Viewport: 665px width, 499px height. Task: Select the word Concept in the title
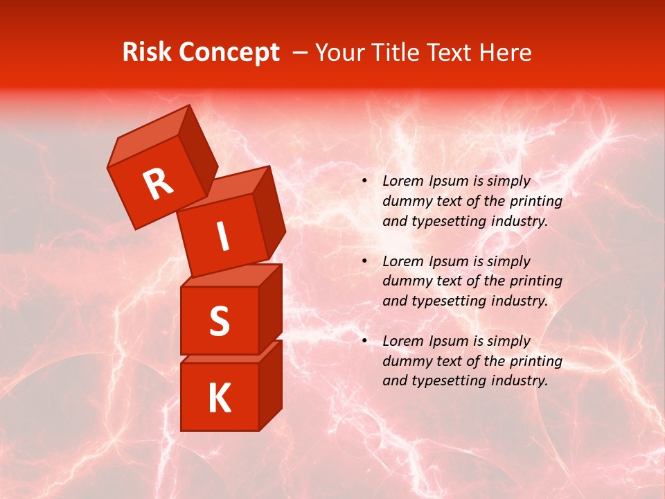(229, 53)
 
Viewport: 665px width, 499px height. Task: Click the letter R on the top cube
(158, 184)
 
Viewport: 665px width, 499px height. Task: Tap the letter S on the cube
(219, 321)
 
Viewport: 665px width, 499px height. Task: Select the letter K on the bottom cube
(219, 398)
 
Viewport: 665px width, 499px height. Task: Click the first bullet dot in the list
(364, 182)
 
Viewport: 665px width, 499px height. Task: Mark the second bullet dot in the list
(364, 262)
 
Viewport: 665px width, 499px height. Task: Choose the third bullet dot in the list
(364, 342)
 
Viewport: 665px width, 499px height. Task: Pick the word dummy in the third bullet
(405, 361)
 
